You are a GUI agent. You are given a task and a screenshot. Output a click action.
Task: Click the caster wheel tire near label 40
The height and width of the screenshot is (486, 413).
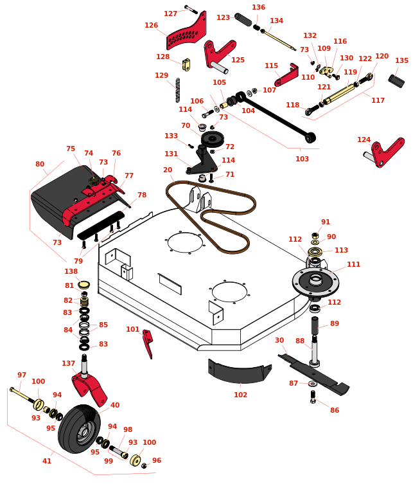click(x=78, y=428)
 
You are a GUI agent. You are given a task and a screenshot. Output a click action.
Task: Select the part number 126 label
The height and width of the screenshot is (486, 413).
click(x=151, y=26)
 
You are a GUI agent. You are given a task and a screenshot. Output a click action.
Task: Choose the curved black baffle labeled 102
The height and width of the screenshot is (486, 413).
click(x=238, y=373)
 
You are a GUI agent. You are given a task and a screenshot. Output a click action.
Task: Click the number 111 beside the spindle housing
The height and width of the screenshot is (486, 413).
click(x=353, y=264)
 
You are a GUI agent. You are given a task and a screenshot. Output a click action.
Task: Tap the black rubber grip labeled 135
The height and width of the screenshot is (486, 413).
click(x=396, y=82)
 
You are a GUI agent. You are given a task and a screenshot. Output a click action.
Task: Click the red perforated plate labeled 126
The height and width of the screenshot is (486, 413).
click(x=187, y=32)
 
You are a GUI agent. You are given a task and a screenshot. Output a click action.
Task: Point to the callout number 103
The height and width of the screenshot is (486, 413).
click(x=302, y=159)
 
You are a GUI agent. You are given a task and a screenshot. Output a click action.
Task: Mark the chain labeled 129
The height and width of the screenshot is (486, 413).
click(x=178, y=91)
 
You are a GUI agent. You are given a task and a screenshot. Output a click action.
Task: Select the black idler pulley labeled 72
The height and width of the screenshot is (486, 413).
click(x=212, y=138)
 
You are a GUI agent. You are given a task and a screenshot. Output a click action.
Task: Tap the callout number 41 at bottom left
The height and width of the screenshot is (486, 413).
click(x=47, y=461)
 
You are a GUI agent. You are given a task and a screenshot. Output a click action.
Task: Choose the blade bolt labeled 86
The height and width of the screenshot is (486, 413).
click(x=313, y=397)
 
